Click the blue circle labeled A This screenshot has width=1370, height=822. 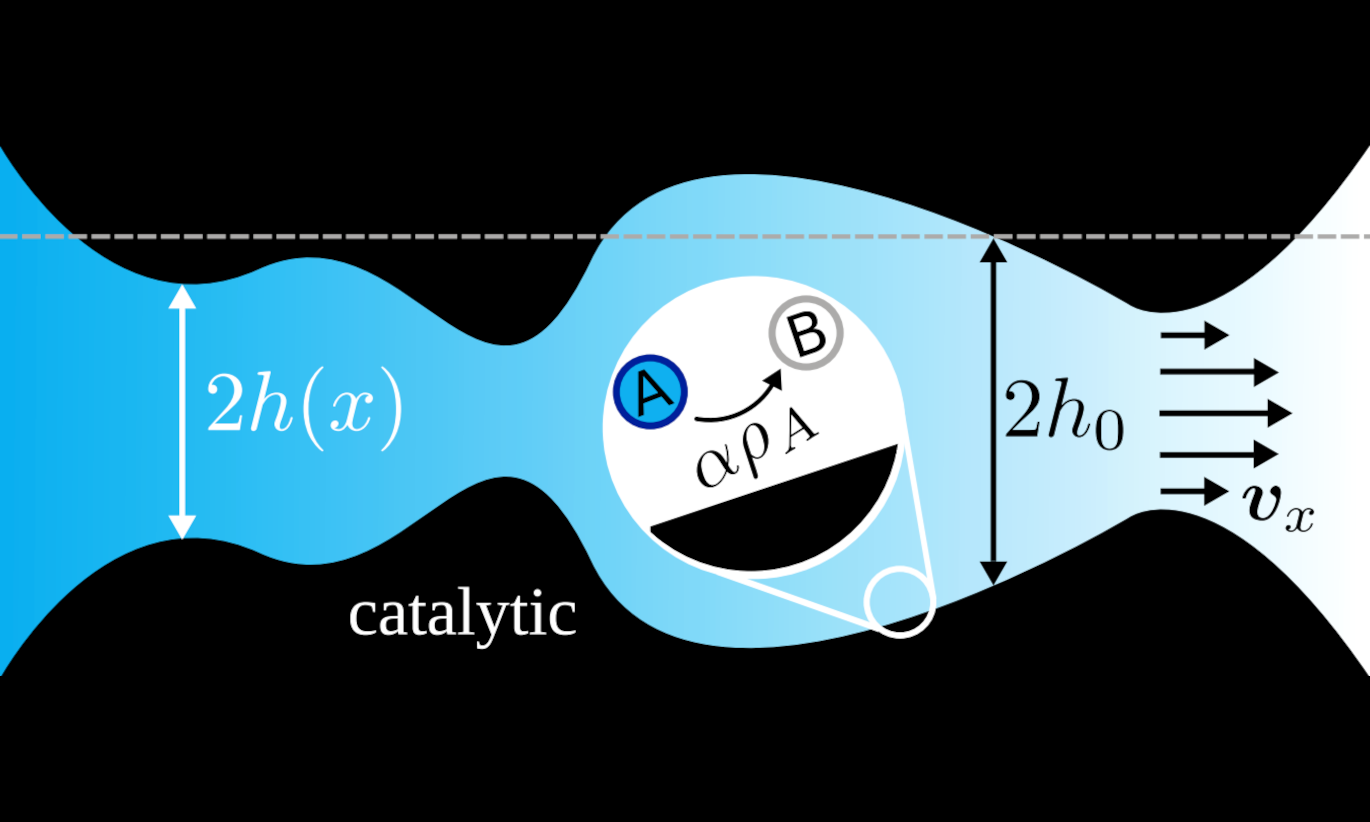coord(651,392)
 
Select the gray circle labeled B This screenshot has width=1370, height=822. coord(806,334)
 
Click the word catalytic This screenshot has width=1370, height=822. coord(462,614)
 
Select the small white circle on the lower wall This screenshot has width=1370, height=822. coord(899,602)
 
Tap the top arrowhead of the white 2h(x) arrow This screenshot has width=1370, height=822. coord(182,296)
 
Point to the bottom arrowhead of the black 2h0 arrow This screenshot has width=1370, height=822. coord(992,572)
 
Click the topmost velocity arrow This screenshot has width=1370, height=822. coord(1194,335)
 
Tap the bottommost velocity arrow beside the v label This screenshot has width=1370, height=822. coord(1194,491)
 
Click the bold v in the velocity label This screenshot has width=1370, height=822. coord(1268,505)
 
